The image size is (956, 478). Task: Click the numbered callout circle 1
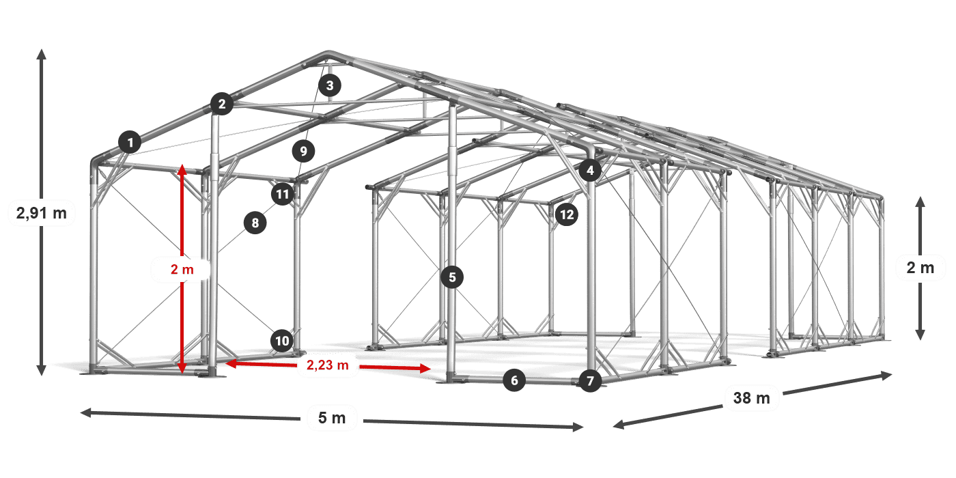point(130,142)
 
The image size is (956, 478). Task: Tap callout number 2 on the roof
point(222,104)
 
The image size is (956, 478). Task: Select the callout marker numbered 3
point(329,85)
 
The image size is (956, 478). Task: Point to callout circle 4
point(590,170)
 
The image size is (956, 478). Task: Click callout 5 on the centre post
point(452,277)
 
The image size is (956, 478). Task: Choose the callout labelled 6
point(514,380)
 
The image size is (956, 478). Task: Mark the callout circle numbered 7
point(590,381)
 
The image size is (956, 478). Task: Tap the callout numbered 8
point(255,223)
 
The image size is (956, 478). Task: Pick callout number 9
point(303,151)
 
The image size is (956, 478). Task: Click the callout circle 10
point(282,341)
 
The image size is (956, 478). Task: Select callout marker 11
point(283,195)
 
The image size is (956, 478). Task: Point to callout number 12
point(567,214)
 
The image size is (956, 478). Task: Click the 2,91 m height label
point(42,212)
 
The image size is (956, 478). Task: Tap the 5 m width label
point(332,418)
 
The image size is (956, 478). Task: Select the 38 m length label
point(752,397)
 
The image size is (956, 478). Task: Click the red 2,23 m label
point(328,365)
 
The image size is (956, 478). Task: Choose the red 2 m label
point(182,269)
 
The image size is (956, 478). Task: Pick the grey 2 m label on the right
point(920,268)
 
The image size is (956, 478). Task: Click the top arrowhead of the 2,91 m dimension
point(42,54)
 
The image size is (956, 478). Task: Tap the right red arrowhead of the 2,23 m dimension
point(425,368)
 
